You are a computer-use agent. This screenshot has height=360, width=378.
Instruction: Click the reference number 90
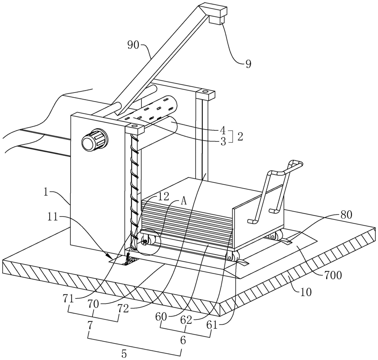click(133, 45)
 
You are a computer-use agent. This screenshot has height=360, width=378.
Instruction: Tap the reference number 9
click(248, 64)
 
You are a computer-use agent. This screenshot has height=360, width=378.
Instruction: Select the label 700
click(333, 275)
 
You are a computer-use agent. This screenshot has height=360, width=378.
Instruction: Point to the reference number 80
click(346, 215)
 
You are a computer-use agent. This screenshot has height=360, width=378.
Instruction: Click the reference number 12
click(163, 197)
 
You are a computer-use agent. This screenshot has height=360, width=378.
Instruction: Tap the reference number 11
click(53, 217)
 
